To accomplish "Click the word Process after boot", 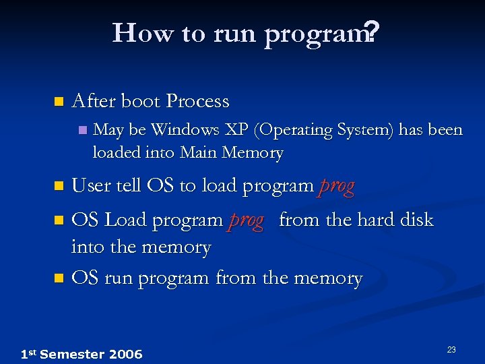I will click(198, 102).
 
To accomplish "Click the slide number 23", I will click(451, 349).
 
